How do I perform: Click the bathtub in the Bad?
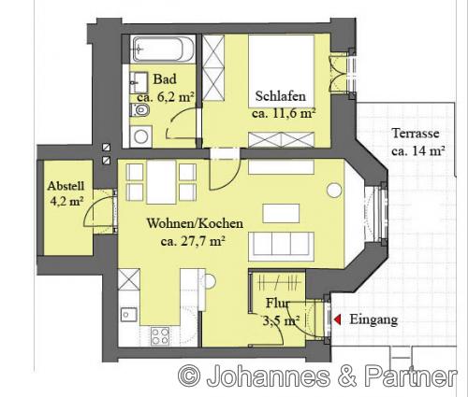pyautogui.click(x=162, y=50)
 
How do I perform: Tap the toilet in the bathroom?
pyautogui.click(x=139, y=110)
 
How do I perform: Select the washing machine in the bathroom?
pyautogui.click(x=140, y=136)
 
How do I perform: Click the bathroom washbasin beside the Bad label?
pyautogui.click(x=139, y=82)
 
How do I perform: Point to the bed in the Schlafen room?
pyautogui.click(x=281, y=71)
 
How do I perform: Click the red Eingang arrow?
pyautogui.click(x=337, y=319)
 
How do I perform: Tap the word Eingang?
pyautogui.click(x=373, y=319)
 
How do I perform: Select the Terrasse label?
pyautogui.click(x=416, y=134)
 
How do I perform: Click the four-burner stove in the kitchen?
pyautogui.click(x=160, y=336)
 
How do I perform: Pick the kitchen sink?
pyautogui.click(x=129, y=315)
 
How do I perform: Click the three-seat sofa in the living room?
pyautogui.click(x=281, y=246)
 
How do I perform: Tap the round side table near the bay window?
pyautogui.click(x=334, y=191)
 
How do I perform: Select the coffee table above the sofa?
pyautogui.click(x=281, y=213)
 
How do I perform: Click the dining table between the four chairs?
pyautogui.click(x=161, y=182)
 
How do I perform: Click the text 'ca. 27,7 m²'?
pyautogui.click(x=194, y=241)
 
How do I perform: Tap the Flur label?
pyautogui.click(x=278, y=303)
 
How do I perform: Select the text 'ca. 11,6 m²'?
pyautogui.click(x=284, y=114)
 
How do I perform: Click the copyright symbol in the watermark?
pyautogui.click(x=189, y=376)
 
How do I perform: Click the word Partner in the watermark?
pyautogui.click(x=411, y=376)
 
